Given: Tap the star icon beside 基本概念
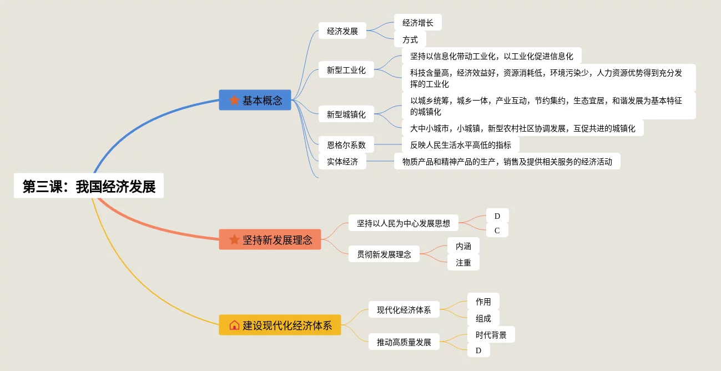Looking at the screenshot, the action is tap(234, 101).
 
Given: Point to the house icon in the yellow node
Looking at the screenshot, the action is tap(234, 325).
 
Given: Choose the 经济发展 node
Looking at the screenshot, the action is tap(342, 31).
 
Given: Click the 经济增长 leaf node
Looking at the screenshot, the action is tap(417, 23).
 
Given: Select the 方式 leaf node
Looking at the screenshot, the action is tap(410, 39).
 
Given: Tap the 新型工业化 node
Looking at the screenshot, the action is tap(346, 70).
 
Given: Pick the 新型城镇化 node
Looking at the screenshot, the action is tap(346, 114).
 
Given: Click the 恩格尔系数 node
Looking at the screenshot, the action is tap(346, 145).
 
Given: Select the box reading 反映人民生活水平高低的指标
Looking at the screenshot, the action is tap(460, 145).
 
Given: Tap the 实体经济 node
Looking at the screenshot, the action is tap(342, 162).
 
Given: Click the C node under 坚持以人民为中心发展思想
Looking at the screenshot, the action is tap(497, 230).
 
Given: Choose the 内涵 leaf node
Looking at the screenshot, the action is tap(463, 246).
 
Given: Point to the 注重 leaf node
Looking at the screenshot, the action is tap(463, 263).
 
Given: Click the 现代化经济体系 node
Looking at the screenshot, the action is tap(404, 310).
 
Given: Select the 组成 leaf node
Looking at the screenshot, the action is tap(483, 318).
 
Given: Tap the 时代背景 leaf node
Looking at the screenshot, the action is tap(491, 335).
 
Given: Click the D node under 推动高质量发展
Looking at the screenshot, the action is tap(478, 350).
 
